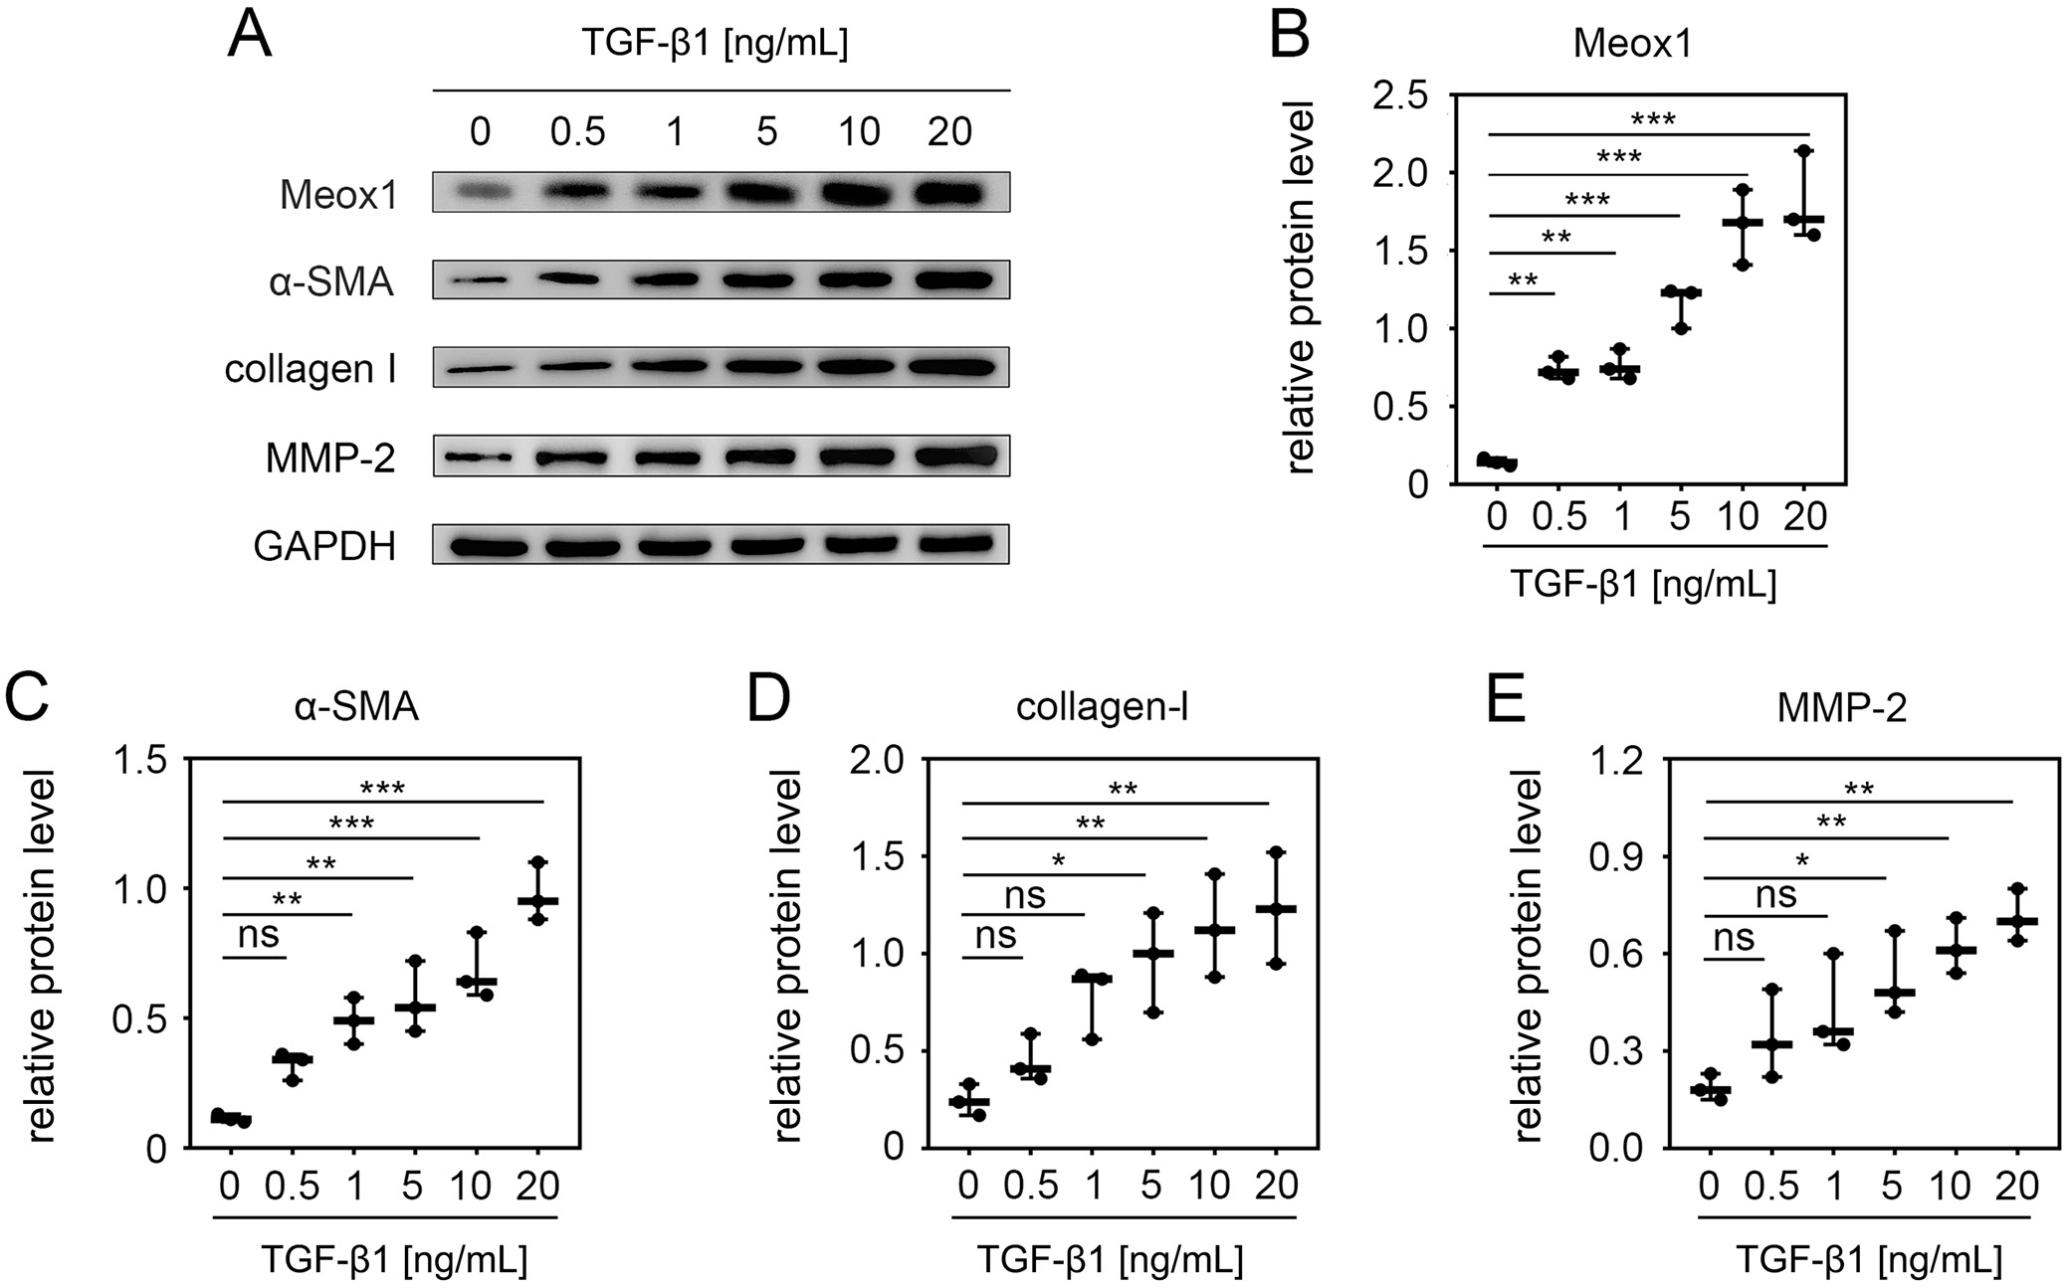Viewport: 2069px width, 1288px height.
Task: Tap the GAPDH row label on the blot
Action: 324,546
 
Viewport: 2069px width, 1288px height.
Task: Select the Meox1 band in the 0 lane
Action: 481,191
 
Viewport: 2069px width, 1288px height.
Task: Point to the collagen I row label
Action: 310,369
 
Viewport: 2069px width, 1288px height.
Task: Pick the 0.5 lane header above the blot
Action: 577,131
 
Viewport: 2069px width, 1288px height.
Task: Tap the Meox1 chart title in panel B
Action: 1631,45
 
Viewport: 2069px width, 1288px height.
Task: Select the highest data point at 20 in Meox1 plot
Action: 1806,151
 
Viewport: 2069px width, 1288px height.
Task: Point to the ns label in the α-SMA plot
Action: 258,935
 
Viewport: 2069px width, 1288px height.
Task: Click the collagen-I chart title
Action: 1102,707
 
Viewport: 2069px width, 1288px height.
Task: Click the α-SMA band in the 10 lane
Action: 860,280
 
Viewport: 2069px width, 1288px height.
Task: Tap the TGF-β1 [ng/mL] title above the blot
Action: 715,45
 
